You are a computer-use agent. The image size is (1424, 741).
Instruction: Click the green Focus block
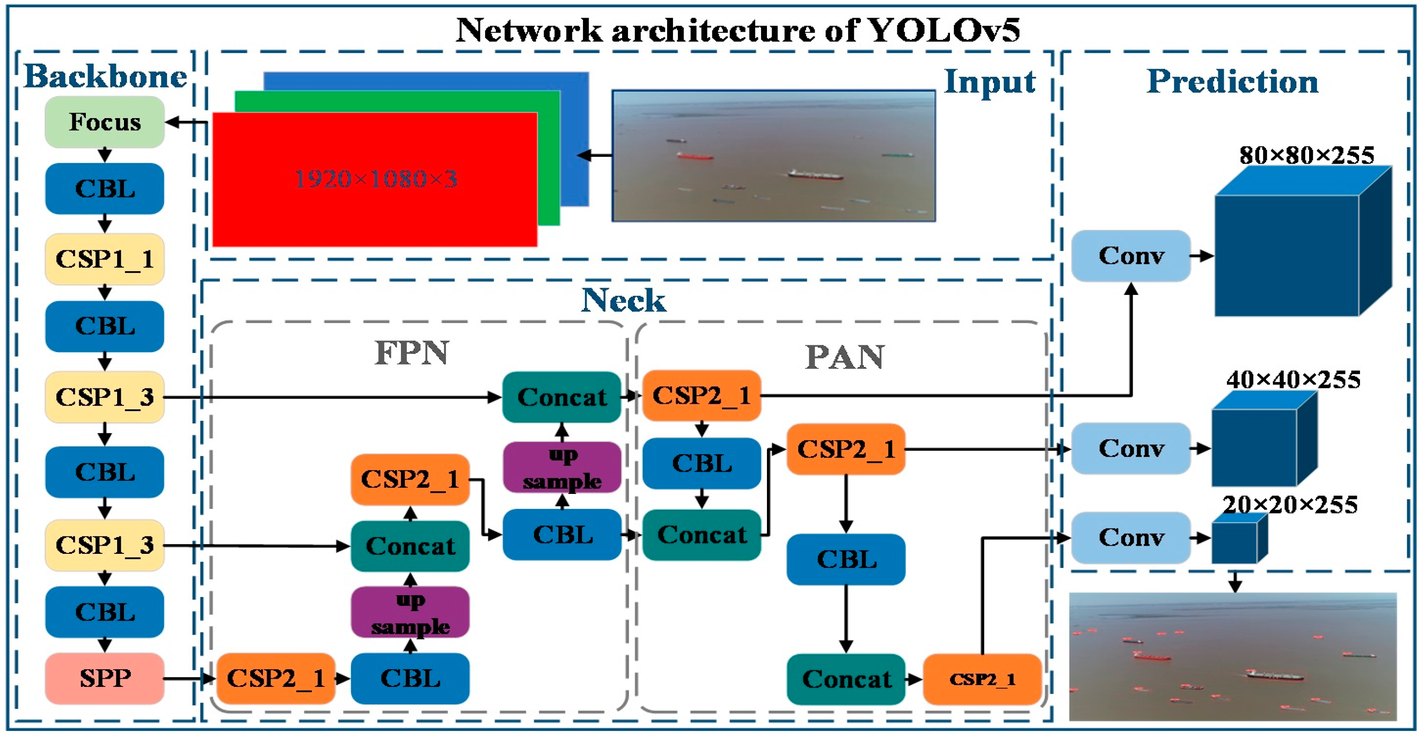point(104,122)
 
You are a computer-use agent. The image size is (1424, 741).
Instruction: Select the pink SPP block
point(104,678)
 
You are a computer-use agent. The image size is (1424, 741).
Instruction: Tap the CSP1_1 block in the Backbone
point(104,259)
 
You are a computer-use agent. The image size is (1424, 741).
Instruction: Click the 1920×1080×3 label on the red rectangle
point(376,179)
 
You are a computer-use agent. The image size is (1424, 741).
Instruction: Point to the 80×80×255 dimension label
point(1306,155)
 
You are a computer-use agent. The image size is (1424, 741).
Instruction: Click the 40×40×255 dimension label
point(1293,380)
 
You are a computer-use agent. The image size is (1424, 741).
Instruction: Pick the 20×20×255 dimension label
point(1290,505)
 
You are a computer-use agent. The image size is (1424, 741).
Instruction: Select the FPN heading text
point(412,353)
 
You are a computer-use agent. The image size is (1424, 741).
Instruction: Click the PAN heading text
point(845,357)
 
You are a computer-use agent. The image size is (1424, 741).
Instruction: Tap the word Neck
point(623,301)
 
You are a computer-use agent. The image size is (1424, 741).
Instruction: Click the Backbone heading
point(106,76)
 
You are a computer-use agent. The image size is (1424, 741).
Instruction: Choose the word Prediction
point(1233,82)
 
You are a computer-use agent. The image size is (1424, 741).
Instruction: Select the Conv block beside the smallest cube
point(1131,537)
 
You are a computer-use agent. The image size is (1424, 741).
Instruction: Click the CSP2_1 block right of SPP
point(276,678)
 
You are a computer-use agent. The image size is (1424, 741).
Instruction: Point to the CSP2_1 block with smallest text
point(982,679)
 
